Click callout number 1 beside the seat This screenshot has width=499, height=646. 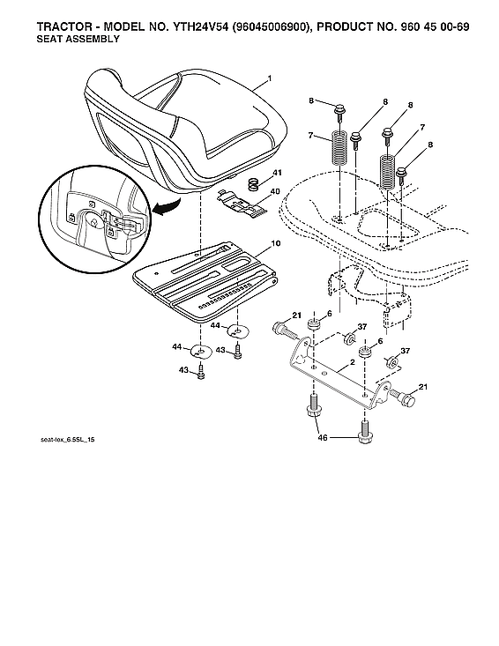[x=269, y=79]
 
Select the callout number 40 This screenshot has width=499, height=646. [x=276, y=191]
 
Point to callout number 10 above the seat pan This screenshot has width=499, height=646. [x=276, y=242]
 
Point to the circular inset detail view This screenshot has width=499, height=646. [x=91, y=216]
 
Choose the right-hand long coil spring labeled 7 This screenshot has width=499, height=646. [x=386, y=168]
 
